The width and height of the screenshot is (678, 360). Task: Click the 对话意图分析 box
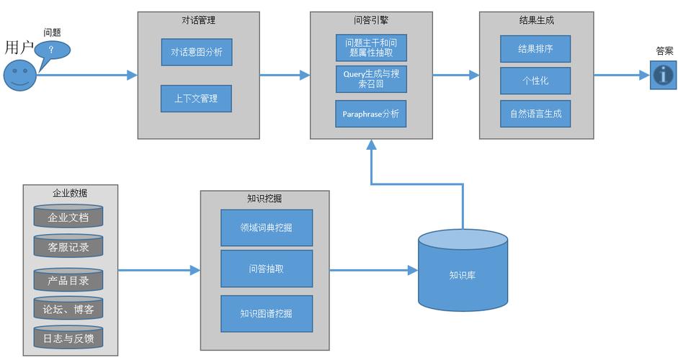click(x=197, y=53)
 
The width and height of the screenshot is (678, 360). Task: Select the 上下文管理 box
click(x=196, y=99)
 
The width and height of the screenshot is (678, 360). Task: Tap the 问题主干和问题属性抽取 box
click(x=371, y=48)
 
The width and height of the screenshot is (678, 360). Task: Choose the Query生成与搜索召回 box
click(x=371, y=79)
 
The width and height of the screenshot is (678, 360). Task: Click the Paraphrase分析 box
click(x=371, y=114)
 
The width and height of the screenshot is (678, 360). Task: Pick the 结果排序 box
click(x=535, y=49)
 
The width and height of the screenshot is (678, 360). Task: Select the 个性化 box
click(x=535, y=81)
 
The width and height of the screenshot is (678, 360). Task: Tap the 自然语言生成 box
click(x=535, y=114)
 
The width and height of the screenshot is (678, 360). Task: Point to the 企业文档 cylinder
click(x=68, y=217)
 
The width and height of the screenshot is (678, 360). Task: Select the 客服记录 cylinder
click(x=68, y=246)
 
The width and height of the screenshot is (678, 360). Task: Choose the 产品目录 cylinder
click(x=68, y=279)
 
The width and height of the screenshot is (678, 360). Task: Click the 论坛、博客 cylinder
click(x=68, y=308)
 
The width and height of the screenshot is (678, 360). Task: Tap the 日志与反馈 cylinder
click(x=68, y=337)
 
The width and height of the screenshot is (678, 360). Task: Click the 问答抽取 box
click(x=266, y=269)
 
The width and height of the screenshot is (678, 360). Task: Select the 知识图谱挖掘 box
click(x=266, y=314)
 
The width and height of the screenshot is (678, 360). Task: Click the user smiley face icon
click(x=19, y=76)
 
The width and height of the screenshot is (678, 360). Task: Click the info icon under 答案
click(x=663, y=75)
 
